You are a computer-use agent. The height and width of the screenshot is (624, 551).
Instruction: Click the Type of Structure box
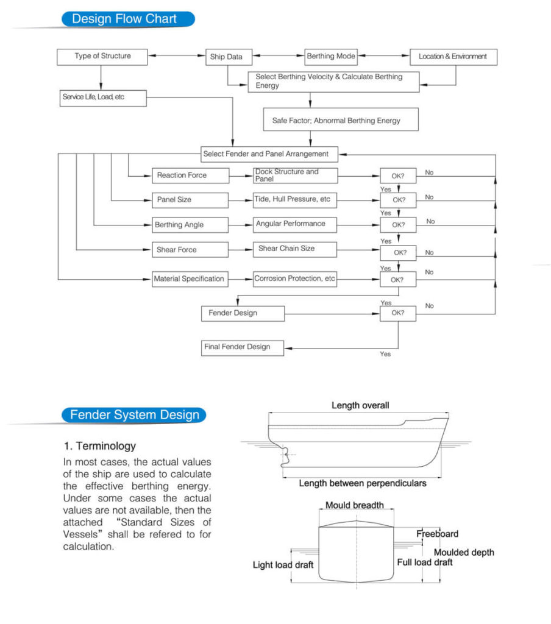coord(102,57)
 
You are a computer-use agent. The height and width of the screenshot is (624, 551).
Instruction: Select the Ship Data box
coord(227,57)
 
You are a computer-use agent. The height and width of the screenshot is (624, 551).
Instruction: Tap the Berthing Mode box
coord(331,57)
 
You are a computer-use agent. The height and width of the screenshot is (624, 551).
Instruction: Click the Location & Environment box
coord(453,57)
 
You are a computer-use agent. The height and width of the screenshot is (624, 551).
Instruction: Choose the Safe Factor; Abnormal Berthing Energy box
coord(341,120)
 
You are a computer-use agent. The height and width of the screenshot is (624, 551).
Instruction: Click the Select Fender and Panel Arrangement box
coord(269,154)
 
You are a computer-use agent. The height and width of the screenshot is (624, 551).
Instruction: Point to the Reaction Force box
coord(190,175)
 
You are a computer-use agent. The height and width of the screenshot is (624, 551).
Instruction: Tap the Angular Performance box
coord(295,224)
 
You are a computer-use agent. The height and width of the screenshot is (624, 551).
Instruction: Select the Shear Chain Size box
coord(295,249)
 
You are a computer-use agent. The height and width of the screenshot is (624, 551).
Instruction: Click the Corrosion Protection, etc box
coord(295,279)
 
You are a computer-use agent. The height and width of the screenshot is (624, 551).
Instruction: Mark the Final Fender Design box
coord(243,347)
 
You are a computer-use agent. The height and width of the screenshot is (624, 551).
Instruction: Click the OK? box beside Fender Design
coord(398,314)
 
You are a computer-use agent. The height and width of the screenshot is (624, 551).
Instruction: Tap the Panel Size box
coord(190,200)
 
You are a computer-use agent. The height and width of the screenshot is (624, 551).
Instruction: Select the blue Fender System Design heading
coord(134,416)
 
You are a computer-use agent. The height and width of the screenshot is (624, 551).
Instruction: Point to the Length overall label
coord(360,405)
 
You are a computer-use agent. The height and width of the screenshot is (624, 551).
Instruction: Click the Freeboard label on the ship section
coord(437,534)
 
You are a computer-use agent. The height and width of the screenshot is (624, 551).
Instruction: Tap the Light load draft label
coord(283,565)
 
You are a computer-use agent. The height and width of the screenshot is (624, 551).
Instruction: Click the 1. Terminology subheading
coord(99,446)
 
